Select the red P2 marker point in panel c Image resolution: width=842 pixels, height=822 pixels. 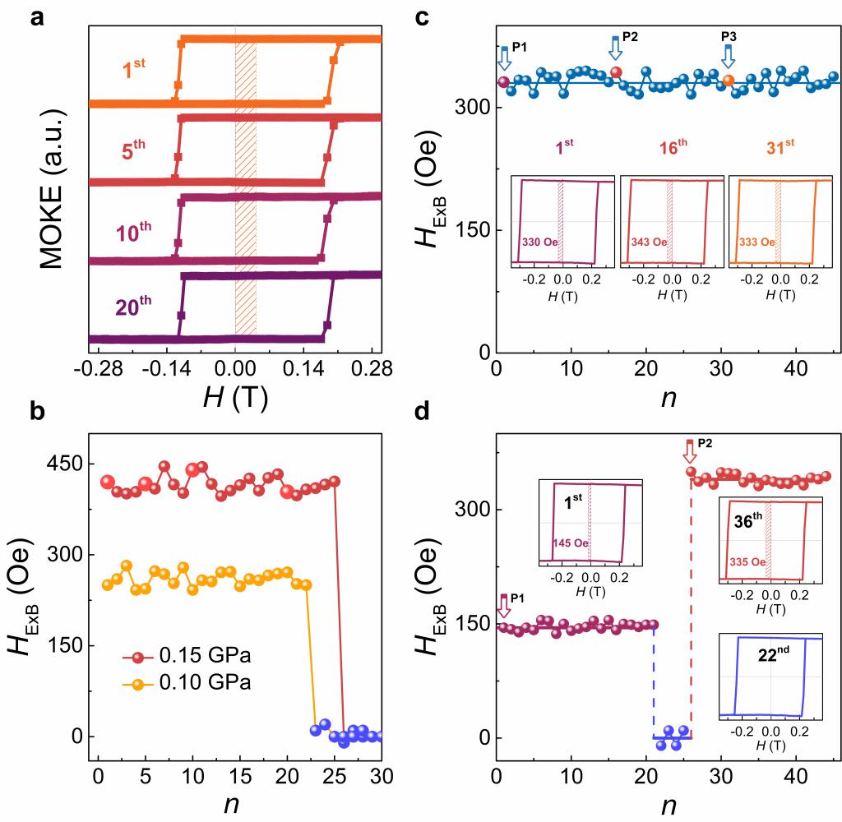pyautogui.click(x=616, y=72)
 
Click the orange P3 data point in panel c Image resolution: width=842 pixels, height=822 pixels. pyautogui.click(x=729, y=81)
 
